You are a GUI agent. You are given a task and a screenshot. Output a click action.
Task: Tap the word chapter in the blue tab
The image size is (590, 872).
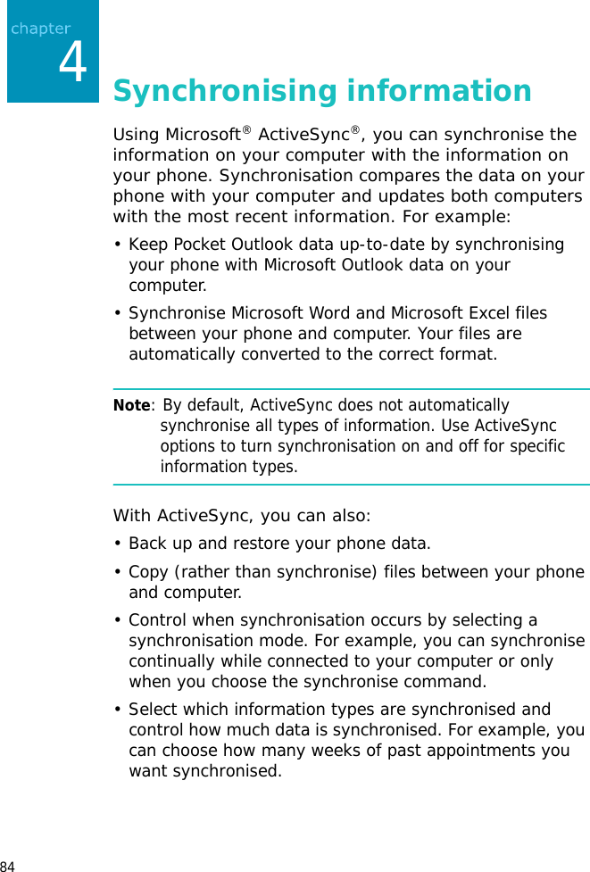tap(40, 29)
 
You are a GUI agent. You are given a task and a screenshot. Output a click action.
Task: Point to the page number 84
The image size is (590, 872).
tap(8, 866)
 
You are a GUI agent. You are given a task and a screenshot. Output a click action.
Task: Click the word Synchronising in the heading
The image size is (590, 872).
tap(225, 91)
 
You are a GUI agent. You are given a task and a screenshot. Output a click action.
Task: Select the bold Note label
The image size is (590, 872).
tap(131, 406)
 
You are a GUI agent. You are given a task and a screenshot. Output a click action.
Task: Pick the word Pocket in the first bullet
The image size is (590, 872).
tap(197, 245)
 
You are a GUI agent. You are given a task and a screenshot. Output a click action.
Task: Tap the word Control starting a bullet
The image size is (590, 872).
tap(158, 620)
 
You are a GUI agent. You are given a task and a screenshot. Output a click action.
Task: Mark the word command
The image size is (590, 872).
tap(451, 682)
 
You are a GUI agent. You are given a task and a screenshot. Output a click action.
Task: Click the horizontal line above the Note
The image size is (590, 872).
tap(351, 389)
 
